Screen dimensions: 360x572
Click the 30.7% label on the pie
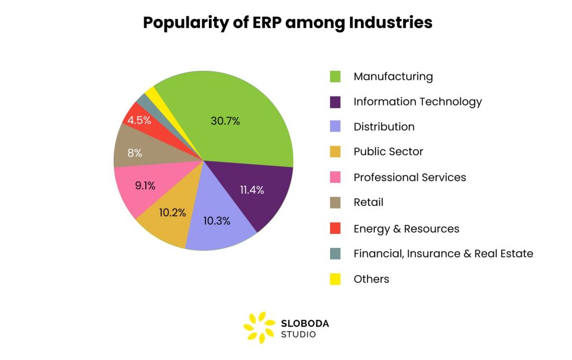(225, 121)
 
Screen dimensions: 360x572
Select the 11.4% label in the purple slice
(252, 190)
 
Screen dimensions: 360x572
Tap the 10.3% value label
(217, 220)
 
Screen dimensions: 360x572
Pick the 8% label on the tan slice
(134, 153)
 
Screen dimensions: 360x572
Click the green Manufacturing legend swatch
(335, 76)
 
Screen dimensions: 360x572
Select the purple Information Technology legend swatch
(335, 102)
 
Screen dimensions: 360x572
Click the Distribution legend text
(384, 127)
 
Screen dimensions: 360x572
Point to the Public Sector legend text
(388, 152)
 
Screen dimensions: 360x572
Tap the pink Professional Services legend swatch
(335, 177)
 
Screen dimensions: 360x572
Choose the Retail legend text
(368, 203)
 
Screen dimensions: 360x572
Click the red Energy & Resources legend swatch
(335, 228)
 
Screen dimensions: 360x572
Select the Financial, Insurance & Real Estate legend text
(443, 254)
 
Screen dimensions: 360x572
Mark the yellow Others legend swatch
(335, 279)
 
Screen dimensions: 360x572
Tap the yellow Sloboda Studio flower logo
(259, 327)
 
